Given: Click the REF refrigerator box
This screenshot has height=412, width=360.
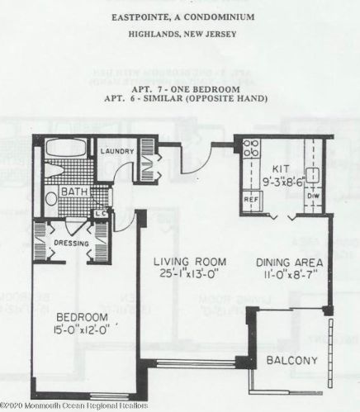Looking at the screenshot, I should (250, 199).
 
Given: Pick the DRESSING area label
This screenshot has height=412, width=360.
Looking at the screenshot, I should (70, 244).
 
